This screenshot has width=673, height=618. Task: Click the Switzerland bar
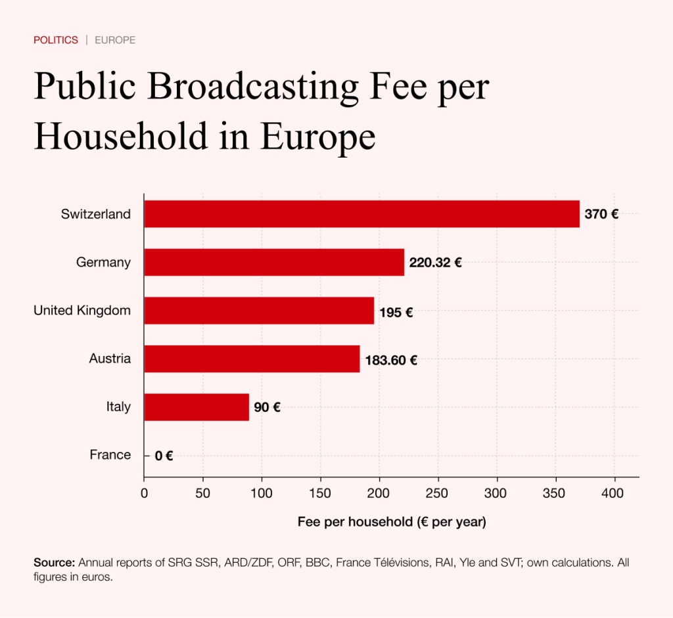(361, 214)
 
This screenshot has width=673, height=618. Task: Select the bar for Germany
(274, 262)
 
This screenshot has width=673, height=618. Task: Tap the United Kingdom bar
(259, 311)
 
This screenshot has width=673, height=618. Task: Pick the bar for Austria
(252, 359)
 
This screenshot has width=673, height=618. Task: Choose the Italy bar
(197, 407)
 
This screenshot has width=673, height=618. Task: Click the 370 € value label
(601, 214)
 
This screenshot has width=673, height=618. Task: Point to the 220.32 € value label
(435, 263)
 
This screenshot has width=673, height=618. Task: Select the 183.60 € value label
(391, 359)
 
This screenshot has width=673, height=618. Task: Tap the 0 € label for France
(164, 456)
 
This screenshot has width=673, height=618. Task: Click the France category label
(110, 455)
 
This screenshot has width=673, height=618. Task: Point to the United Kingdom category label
(82, 311)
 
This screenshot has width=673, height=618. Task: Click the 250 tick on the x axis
(438, 492)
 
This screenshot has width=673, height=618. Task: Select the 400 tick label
(615, 492)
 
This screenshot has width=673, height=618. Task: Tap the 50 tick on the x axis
(203, 492)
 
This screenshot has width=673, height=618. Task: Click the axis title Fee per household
(391, 522)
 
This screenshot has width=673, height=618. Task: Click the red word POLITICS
(56, 40)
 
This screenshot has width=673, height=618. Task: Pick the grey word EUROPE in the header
(115, 40)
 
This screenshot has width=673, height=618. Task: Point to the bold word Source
(54, 563)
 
